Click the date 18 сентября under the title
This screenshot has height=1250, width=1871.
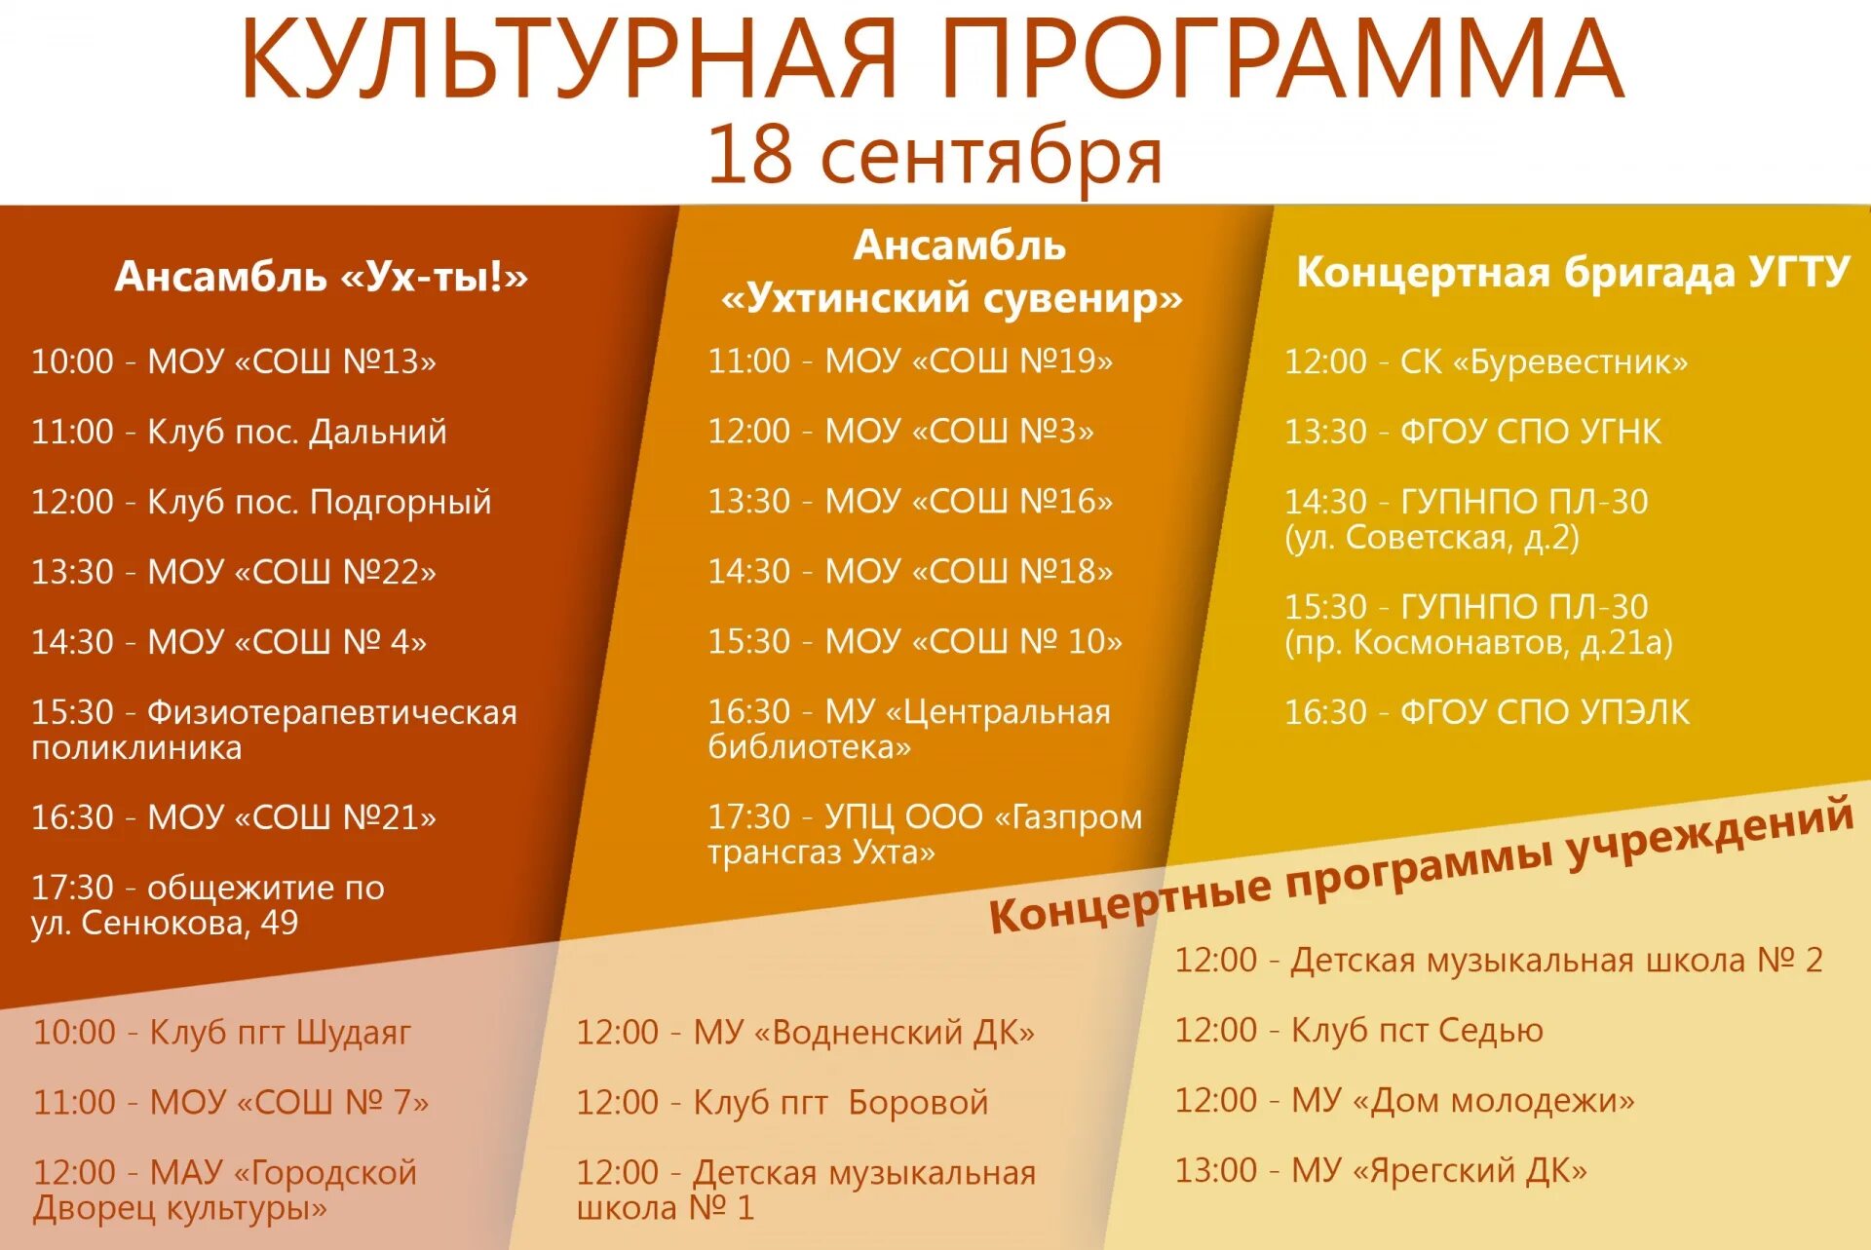coord(934,156)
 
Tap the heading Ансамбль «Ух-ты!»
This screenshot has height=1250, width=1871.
coord(321,277)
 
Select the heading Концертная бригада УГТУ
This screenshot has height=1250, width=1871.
coord(1572,272)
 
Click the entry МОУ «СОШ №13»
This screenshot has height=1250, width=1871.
coord(291,362)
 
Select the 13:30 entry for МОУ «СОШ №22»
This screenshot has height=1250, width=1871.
coord(233,572)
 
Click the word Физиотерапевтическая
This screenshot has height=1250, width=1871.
coord(331,713)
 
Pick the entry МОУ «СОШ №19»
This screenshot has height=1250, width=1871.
coord(969,361)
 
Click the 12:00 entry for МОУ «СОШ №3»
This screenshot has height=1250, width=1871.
coord(900,432)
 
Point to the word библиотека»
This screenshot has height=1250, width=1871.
coord(809,747)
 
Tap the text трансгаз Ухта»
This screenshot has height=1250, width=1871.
coord(821,852)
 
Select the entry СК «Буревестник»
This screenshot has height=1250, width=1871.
coord(1544,362)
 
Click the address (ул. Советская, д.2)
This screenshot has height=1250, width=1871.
coord(1432,538)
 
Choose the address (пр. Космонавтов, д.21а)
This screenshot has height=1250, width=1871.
coord(1478,643)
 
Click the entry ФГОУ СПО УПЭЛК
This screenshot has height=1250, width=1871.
coord(1545,713)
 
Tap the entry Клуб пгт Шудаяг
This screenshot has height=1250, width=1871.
coord(280,1032)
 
